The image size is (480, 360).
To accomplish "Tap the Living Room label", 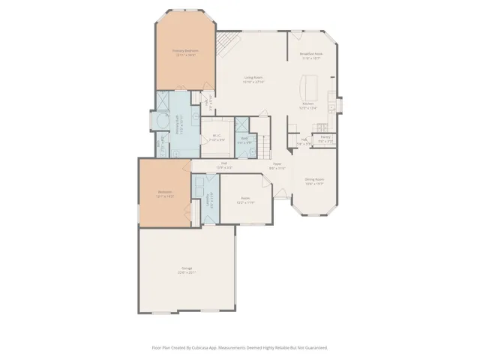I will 253,77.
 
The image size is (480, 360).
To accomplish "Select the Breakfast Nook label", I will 311,54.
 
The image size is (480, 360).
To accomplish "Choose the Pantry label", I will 325,137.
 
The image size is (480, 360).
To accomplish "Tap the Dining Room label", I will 313,179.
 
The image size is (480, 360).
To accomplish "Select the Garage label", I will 186,268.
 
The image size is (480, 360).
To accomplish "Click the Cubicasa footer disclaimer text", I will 240,347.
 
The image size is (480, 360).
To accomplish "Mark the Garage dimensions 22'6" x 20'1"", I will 186,272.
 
